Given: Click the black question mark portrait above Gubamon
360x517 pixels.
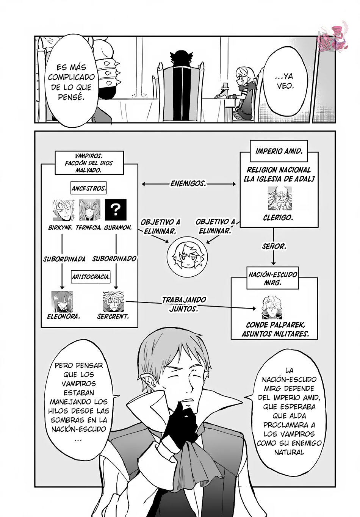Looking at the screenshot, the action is pyautogui.click(x=116, y=210).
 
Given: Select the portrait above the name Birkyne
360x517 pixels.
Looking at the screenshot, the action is pyautogui.click(x=64, y=210).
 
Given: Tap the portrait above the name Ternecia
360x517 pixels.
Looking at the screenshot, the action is pyautogui.click(x=89, y=210).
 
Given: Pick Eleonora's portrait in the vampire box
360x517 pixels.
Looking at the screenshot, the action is pyautogui.click(x=62, y=301).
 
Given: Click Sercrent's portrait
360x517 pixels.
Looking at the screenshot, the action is pyautogui.click(x=113, y=301).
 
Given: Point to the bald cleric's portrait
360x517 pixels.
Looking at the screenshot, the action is pyautogui.click(x=280, y=199).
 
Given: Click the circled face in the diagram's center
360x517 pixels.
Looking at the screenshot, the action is pyautogui.click(x=187, y=257).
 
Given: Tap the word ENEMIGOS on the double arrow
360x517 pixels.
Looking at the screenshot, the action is pyautogui.click(x=188, y=183).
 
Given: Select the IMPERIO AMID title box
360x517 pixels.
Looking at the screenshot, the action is pyautogui.click(x=279, y=151).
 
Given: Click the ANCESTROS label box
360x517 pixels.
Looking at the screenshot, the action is pyautogui.click(x=89, y=188).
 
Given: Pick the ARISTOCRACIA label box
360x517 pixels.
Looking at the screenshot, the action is pyautogui.click(x=91, y=276).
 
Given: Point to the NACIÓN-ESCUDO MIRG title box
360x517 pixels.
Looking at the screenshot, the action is pyautogui.click(x=272, y=278).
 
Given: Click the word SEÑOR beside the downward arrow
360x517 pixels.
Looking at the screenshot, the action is pyautogui.click(x=274, y=246).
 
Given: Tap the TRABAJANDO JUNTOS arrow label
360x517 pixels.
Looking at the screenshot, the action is pyautogui.click(x=184, y=304).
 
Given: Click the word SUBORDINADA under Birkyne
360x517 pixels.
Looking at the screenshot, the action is pyautogui.click(x=64, y=259).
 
